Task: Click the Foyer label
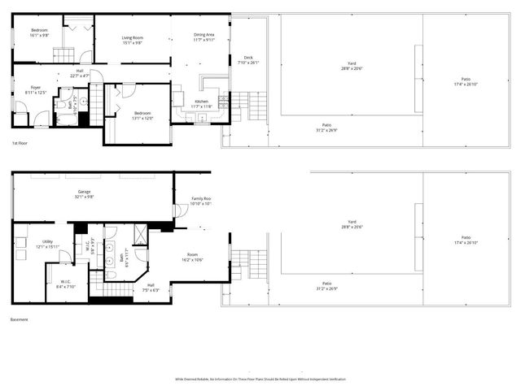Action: coord(36,90)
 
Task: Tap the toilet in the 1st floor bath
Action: coord(62,106)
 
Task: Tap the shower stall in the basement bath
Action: coord(139,236)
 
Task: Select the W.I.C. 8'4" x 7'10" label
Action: coord(65,284)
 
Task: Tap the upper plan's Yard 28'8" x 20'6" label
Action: coord(352,66)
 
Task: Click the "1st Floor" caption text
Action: coord(20,143)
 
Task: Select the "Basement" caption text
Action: coord(20,319)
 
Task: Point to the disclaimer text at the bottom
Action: coord(260,379)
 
